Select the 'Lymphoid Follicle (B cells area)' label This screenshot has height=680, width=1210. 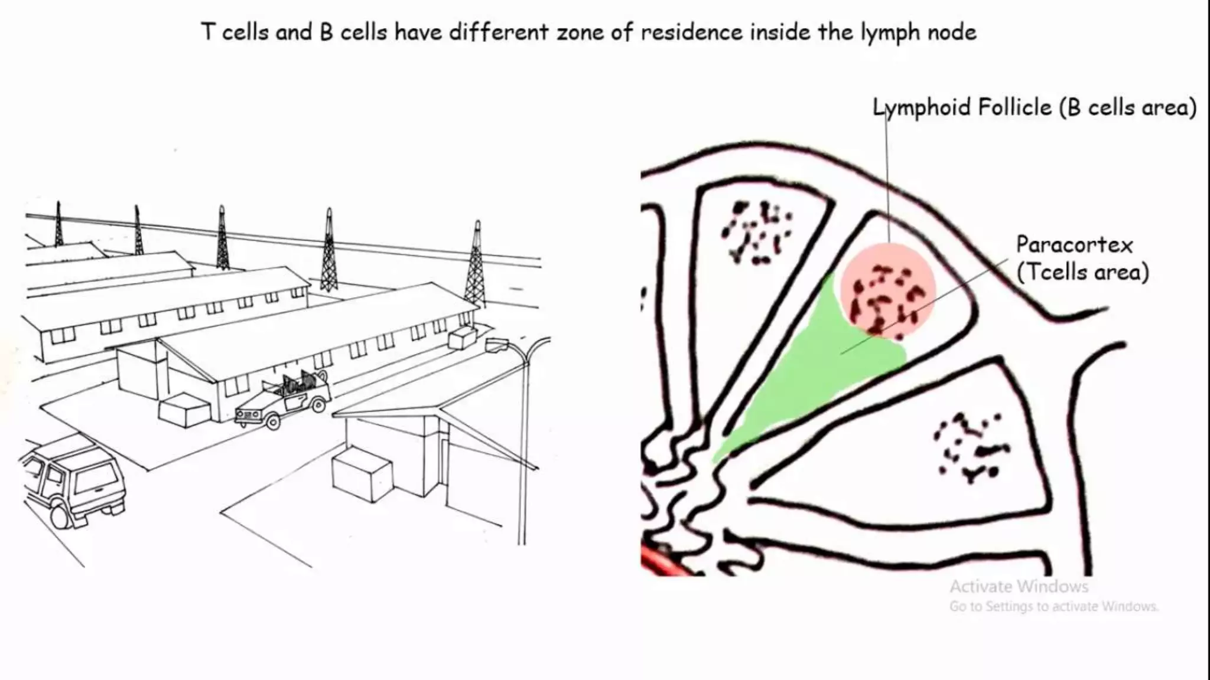[x=1035, y=108]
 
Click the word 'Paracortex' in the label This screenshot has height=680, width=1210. [x=1074, y=245]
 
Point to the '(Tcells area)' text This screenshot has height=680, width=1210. [x=1082, y=272]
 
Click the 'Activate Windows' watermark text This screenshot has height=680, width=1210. [x=1019, y=587]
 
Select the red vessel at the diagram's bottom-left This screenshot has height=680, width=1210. [x=662, y=561]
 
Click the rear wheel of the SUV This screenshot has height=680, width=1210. [x=60, y=515]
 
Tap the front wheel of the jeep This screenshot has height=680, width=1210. [x=272, y=421]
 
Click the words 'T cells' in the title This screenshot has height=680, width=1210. [x=235, y=32]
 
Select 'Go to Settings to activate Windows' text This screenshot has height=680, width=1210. [x=1053, y=607]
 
